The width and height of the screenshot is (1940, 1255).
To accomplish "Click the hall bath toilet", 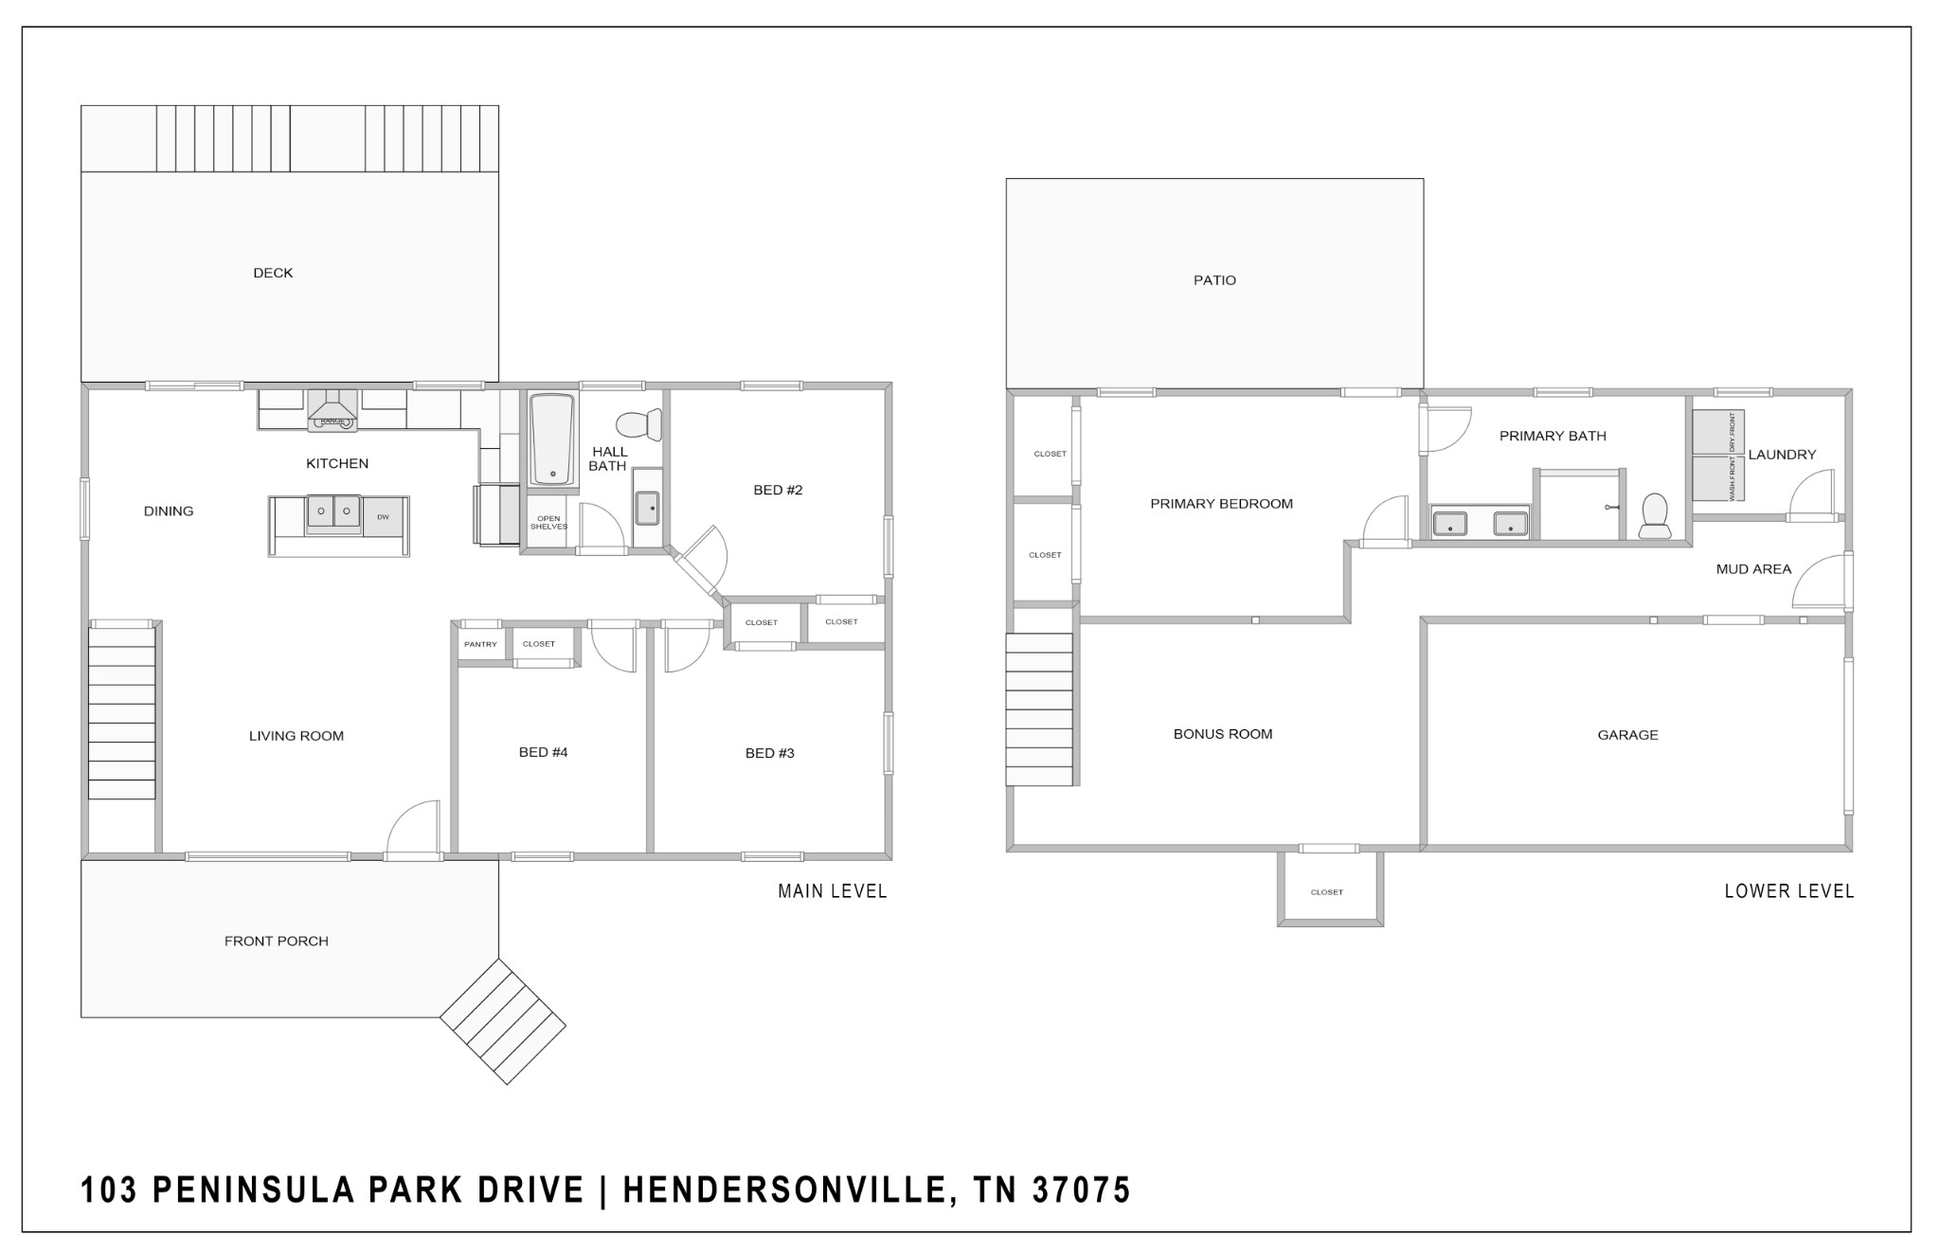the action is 639,425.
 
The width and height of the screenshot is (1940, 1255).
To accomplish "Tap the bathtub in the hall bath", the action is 552,439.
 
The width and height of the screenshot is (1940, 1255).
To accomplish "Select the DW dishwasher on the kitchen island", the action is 383,517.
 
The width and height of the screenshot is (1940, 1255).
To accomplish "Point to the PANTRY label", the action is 480,644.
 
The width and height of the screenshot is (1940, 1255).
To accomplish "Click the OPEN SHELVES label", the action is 548,522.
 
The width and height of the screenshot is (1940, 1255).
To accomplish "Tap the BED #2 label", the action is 778,490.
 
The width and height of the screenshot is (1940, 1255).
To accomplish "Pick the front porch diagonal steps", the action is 503,1021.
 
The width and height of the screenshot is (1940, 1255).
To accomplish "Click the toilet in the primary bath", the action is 1654,515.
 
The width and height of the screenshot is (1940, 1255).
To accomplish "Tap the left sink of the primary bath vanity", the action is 1450,524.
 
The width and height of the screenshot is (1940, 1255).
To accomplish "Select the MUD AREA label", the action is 1753,569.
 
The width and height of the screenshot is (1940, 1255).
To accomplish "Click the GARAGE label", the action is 1627,735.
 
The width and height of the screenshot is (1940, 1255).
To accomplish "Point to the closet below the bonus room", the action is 1330,888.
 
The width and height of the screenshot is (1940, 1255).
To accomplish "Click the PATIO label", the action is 1214,280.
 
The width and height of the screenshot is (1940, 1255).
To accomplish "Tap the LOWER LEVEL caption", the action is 1789,891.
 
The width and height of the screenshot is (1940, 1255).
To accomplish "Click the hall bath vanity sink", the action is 648,508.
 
